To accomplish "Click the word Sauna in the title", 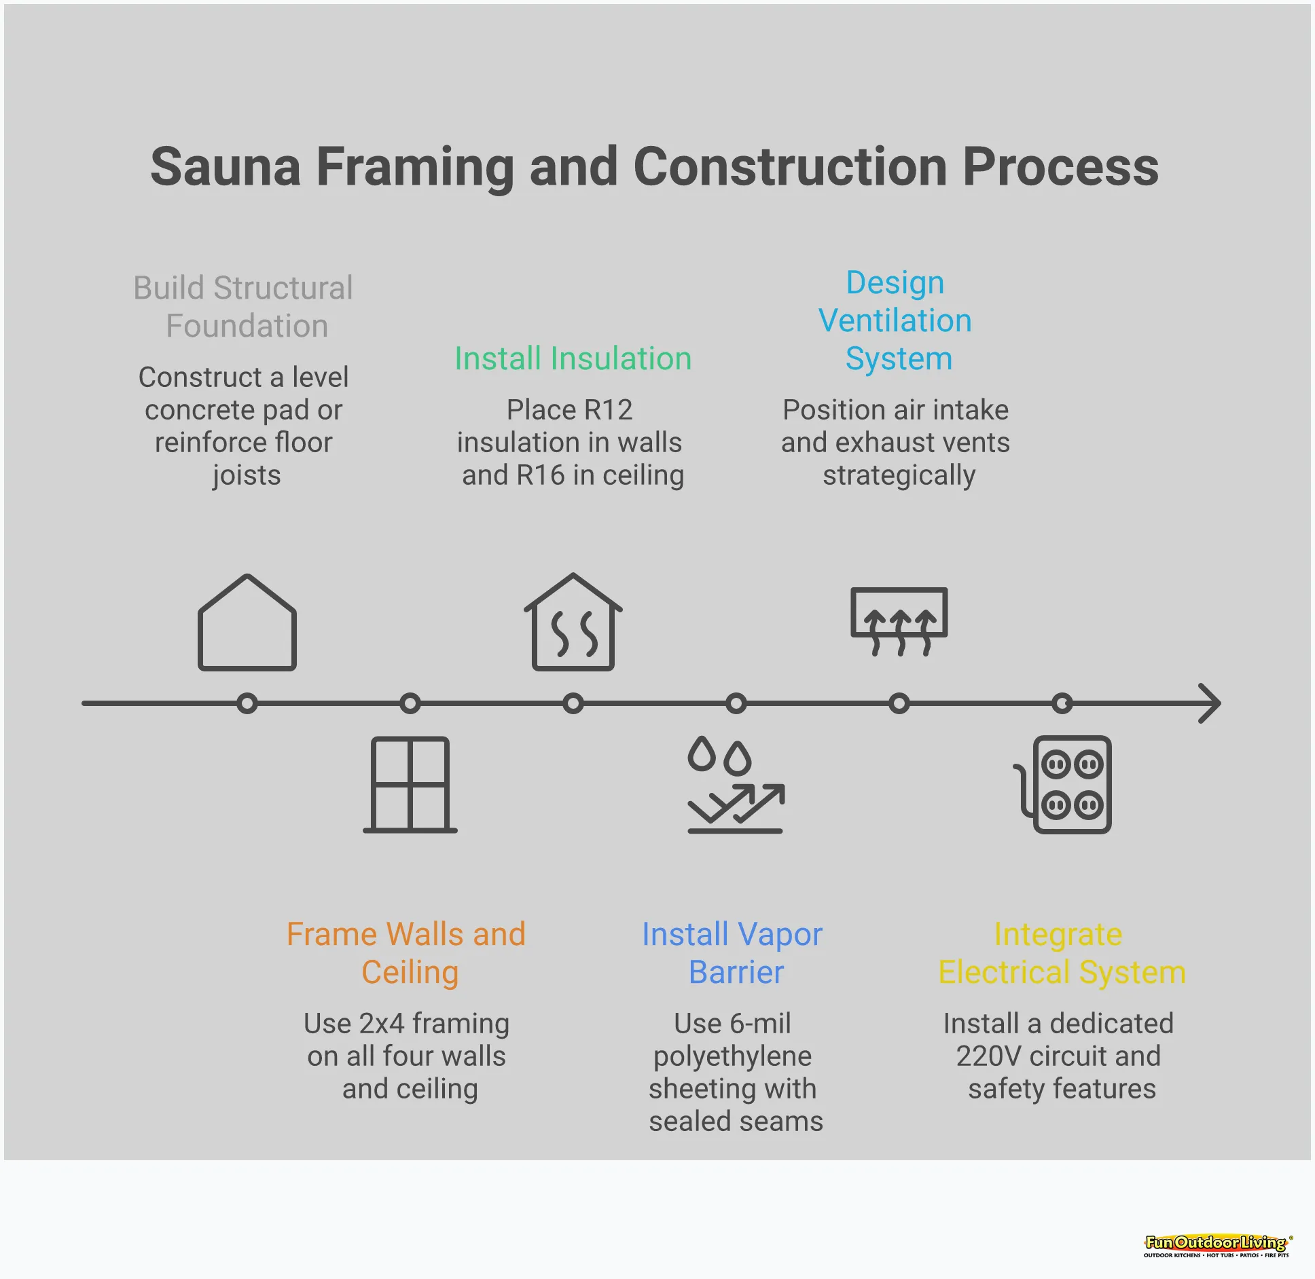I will pos(225,167).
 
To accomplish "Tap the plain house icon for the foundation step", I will pos(247,623).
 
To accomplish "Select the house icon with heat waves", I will pos(573,623).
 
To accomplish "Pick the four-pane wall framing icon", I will pos(410,785).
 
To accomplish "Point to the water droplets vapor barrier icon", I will pos(736,785).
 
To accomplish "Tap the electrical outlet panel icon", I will pos(1064,785).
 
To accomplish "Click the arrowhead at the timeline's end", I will pos(1210,703).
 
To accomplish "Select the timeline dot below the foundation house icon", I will pos(247,703).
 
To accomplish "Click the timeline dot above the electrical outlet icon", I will pos(1062,703).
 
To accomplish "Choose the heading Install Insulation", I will pos(573,358).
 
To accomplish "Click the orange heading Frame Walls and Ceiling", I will pos(407,952).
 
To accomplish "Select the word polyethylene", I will pos(732,1056).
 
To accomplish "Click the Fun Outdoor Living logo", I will pos(1216,1245).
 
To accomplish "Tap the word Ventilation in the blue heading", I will pos(895,320).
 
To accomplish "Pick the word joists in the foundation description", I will pos(247,475).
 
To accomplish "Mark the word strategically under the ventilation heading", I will pos(899,475).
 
